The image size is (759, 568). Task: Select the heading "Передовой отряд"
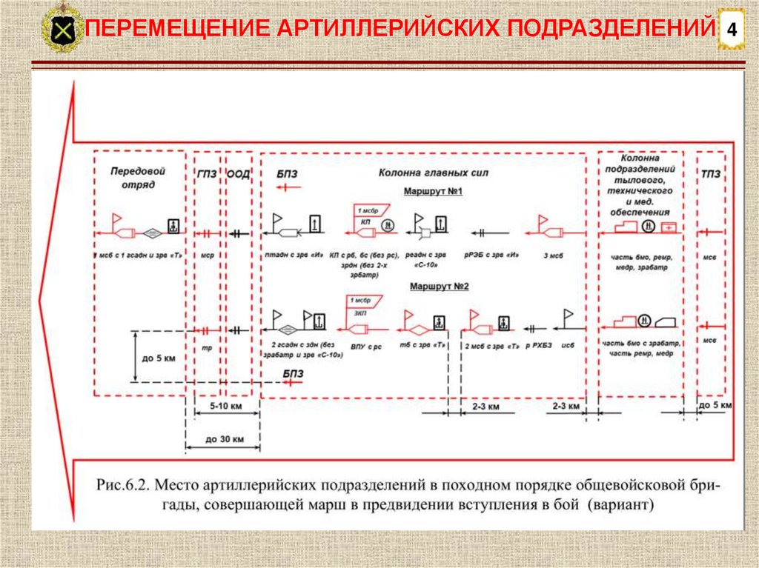(138, 178)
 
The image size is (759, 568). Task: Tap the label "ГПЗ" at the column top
(207, 174)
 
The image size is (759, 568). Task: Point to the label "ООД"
(238, 174)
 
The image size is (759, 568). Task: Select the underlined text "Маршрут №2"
(434, 285)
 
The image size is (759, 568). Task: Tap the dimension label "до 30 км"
(222, 439)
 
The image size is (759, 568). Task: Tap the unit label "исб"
(569, 346)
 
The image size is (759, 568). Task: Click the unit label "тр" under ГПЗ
(208, 346)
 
